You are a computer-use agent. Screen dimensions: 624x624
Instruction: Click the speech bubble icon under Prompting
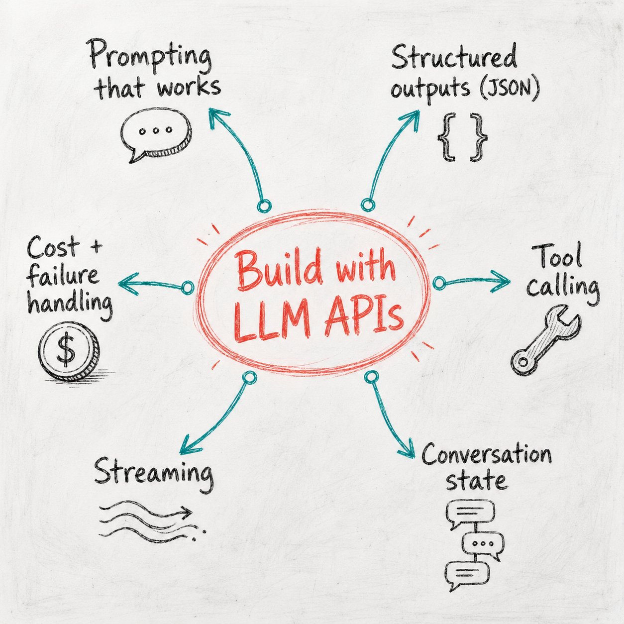tap(156, 134)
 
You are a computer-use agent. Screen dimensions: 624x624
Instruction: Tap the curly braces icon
tap(462, 137)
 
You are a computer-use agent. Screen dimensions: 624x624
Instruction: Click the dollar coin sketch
tap(69, 350)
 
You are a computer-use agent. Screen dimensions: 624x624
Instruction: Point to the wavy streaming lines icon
tap(152, 521)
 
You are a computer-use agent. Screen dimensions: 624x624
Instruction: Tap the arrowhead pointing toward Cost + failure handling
tap(128, 284)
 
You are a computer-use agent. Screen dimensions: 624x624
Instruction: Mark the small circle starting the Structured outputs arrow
tap(368, 205)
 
